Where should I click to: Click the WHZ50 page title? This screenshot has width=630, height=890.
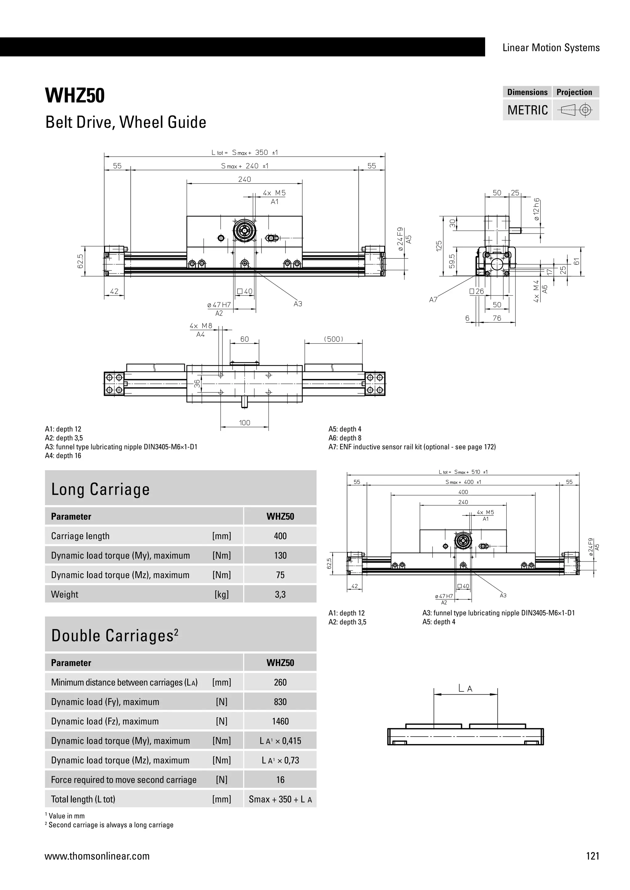(75, 96)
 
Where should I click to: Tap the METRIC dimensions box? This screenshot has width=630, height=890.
(527, 110)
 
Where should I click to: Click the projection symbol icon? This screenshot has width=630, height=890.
(576, 110)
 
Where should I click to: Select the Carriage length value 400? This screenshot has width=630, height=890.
(280, 536)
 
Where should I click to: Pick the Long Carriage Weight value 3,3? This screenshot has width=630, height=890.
(280, 594)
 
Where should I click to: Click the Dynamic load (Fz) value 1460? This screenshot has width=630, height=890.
(280, 721)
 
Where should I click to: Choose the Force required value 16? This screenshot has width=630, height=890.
(280, 780)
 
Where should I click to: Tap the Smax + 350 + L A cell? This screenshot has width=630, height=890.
(280, 799)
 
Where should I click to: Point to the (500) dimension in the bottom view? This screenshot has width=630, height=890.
(333, 339)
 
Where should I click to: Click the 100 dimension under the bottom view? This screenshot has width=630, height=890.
(244, 423)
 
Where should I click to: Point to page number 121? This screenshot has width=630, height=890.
(593, 856)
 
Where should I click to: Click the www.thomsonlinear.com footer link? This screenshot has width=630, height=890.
(97, 856)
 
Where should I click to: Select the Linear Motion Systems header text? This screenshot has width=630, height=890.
(551, 48)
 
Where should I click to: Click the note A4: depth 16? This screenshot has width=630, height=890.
(63, 456)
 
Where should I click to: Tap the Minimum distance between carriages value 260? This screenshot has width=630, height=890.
(280, 682)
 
